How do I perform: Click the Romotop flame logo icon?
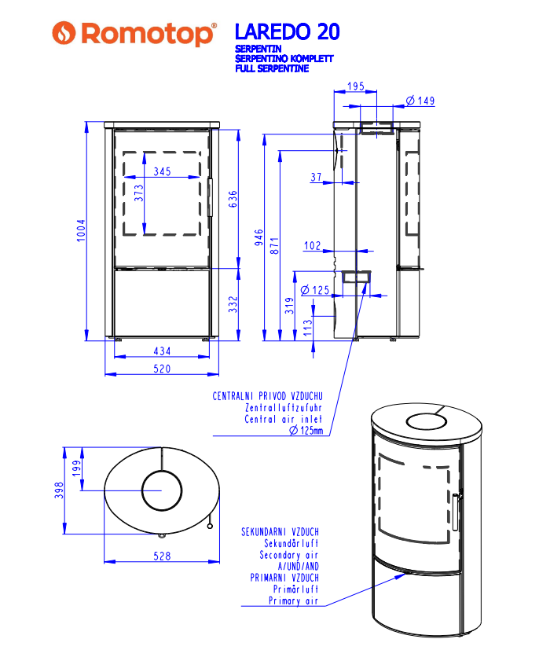click(64, 33)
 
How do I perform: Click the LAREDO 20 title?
click(288, 31)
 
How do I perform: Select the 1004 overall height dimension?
click(81, 230)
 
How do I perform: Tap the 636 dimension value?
click(233, 199)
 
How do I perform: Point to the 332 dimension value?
click(233, 304)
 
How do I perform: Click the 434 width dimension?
click(162, 351)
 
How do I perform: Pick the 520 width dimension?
click(162, 369)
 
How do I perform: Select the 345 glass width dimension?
click(162, 171)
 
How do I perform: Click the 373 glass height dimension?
click(139, 193)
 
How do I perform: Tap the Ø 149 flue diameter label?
click(420, 101)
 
